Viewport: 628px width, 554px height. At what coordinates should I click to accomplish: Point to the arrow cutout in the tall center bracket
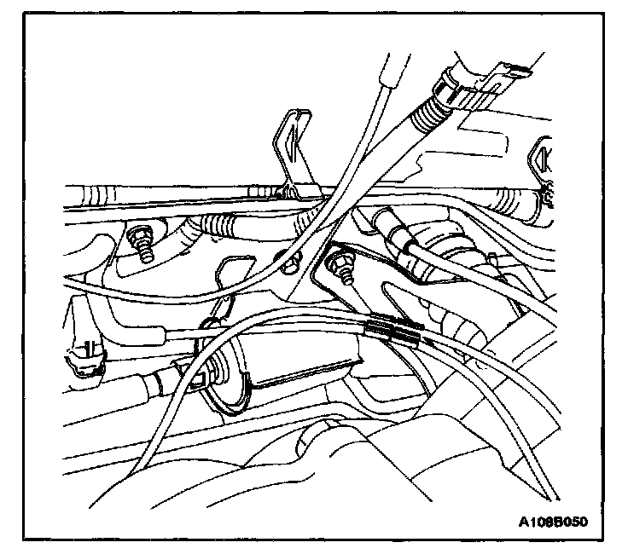click(x=293, y=137)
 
